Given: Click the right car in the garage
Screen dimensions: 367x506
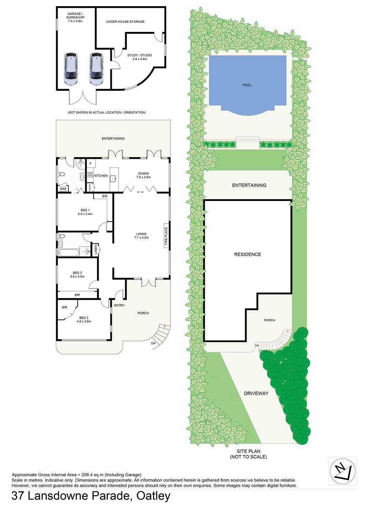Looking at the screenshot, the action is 96,69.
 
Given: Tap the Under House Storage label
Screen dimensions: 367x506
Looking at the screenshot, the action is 125,22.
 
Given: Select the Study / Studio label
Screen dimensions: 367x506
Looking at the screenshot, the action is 140,55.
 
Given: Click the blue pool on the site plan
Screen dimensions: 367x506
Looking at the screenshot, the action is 247,85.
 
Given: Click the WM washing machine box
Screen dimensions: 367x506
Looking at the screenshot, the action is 63,189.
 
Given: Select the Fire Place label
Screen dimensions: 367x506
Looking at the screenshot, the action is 166,236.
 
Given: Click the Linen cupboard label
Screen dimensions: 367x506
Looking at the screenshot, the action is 95,249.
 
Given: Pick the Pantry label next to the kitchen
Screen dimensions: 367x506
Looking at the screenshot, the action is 90,187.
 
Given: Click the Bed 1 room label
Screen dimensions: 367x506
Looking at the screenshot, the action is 85,210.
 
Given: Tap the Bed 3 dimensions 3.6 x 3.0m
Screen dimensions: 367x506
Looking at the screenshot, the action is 77,276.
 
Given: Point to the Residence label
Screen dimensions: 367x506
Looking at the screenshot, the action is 247,254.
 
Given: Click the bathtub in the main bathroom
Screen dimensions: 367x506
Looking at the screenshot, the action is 68,253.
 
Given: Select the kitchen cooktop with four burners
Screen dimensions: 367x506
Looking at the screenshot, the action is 90,174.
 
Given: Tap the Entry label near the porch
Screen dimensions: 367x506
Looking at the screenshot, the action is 119,305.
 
